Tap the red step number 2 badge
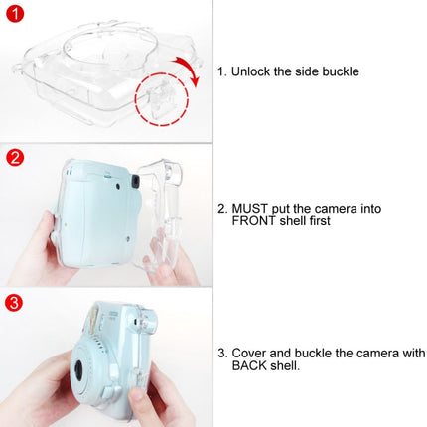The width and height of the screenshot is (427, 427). (15, 157)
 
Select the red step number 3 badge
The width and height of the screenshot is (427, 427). (15, 302)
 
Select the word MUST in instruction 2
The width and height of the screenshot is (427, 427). (252, 210)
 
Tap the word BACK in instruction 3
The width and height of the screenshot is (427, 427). (251, 367)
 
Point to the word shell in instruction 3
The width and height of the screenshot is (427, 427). (287, 367)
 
